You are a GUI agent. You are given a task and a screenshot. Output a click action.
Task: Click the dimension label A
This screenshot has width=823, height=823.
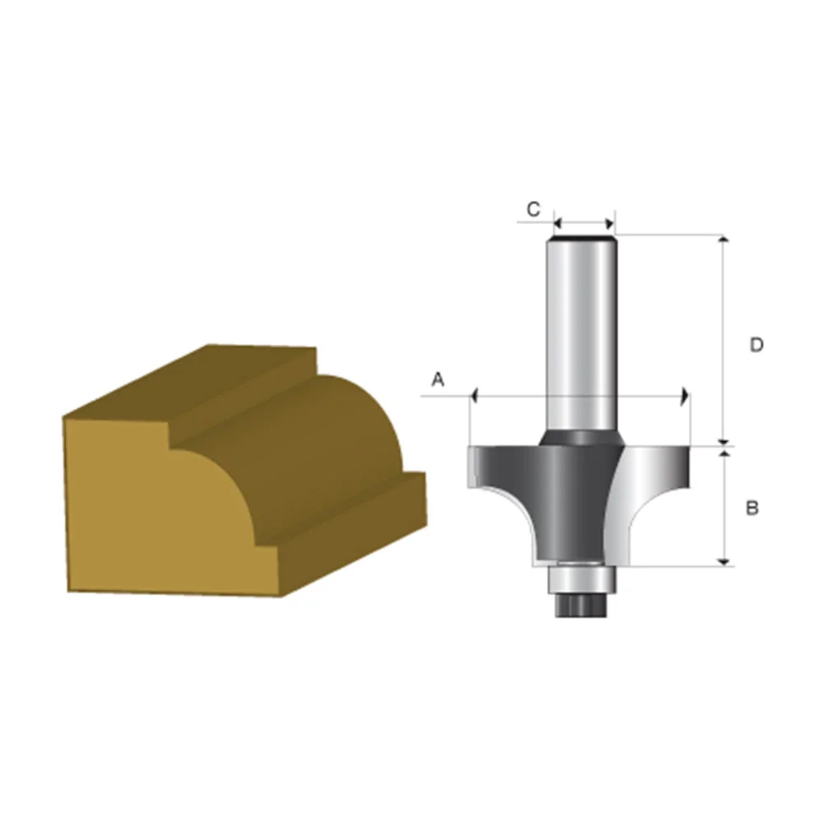[438, 379]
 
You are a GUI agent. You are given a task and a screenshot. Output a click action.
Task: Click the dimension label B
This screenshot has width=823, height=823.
[751, 509]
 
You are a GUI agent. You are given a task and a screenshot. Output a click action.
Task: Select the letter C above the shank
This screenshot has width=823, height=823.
[533, 210]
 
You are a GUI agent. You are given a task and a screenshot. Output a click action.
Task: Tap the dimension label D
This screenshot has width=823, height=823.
[756, 345]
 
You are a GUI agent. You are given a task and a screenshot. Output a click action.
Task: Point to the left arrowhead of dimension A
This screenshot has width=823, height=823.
[475, 396]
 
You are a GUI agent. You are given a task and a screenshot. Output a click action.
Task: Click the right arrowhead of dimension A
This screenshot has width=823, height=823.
[684, 396]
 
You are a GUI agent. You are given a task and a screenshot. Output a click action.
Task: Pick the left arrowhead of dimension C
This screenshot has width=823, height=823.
[556, 222]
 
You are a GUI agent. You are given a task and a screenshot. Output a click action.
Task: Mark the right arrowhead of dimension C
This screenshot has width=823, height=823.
[610, 222]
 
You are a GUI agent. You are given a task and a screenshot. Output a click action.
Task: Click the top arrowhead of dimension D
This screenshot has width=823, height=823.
[724, 239]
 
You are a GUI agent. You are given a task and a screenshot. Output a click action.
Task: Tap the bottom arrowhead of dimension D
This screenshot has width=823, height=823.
[724, 440]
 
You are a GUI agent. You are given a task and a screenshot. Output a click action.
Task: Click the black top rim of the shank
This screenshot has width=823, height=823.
[584, 239]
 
